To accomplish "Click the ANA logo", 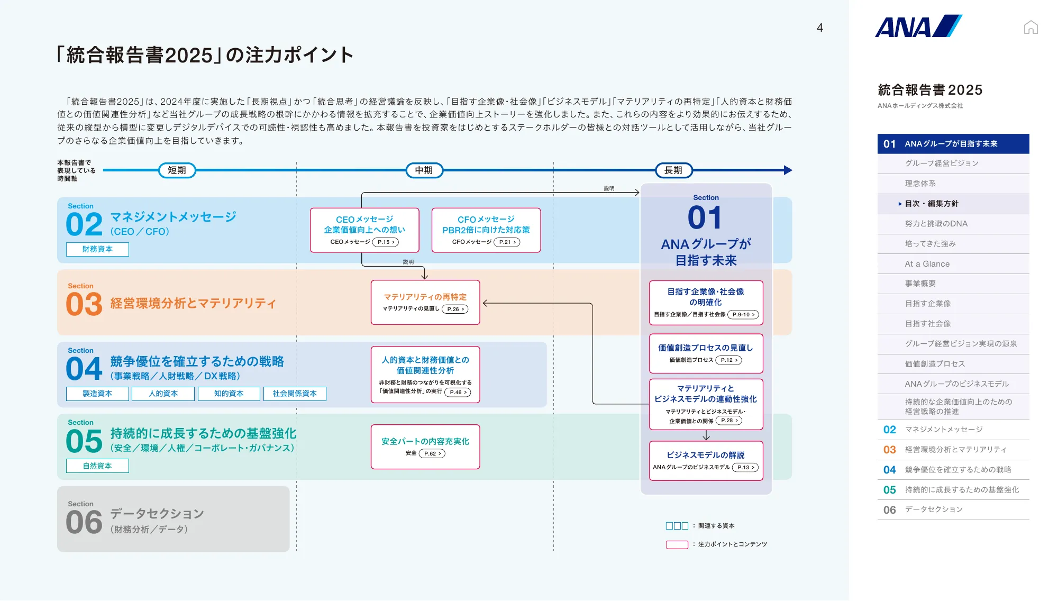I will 918,26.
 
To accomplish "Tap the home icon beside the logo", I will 1030,27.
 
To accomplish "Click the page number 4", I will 819,28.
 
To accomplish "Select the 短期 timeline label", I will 177,170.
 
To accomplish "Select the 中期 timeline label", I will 424,170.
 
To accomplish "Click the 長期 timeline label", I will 673,170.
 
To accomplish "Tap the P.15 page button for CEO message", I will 386,242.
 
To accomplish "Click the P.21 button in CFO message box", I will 507,242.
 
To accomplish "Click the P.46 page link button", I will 458,393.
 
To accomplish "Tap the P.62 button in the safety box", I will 432,454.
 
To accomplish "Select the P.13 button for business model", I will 745,468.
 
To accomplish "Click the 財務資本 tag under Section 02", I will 97,249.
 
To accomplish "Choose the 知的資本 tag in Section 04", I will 229,394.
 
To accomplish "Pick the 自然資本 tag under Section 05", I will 97,466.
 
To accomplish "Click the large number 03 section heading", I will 84,304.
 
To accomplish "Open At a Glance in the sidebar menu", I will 927,264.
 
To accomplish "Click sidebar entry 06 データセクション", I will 933,509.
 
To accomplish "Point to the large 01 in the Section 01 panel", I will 705,218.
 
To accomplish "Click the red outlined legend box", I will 677,544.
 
